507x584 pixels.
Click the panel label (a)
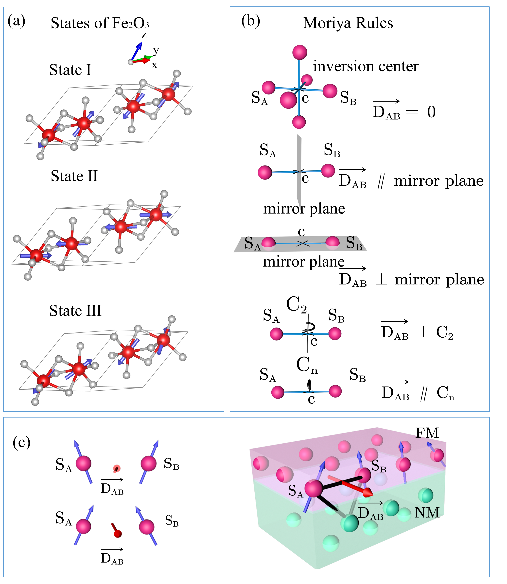(x=16, y=21)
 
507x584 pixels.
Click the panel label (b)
(x=251, y=21)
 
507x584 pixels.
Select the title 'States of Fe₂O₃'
(x=100, y=23)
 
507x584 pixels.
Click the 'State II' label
(x=74, y=176)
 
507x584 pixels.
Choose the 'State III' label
(x=75, y=311)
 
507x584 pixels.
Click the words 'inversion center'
(x=366, y=67)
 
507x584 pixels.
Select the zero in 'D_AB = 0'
(x=431, y=112)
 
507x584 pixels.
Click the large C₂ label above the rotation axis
(x=296, y=305)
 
